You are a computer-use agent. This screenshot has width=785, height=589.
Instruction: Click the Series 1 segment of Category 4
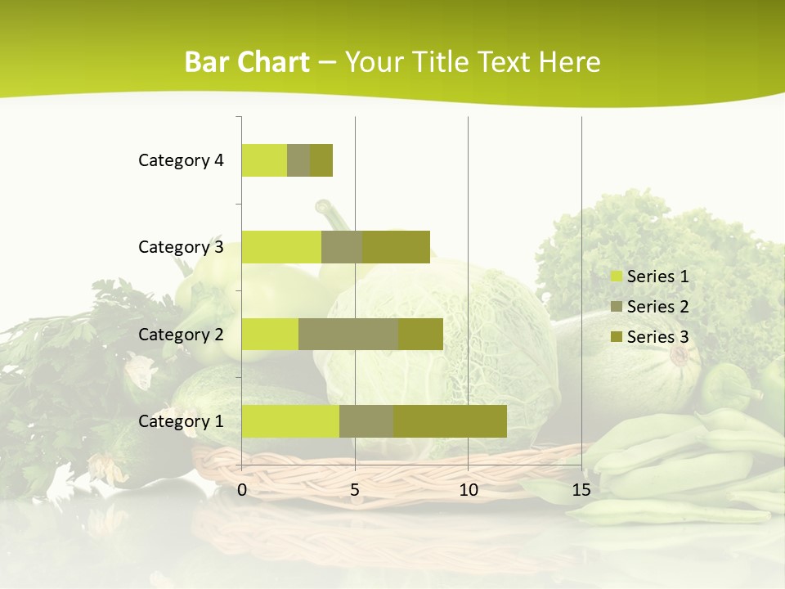[x=264, y=160]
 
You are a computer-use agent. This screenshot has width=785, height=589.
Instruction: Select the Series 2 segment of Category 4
[x=298, y=160]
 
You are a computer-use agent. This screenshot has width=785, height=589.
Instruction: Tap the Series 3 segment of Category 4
[x=321, y=160]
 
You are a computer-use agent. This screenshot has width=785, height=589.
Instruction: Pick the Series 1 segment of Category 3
[x=281, y=247]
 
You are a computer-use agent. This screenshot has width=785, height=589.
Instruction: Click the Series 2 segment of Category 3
[x=342, y=247]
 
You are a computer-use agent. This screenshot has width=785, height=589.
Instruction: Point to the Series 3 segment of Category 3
[x=396, y=247]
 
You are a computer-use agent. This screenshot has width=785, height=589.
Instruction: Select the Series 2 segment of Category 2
[x=348, y=334]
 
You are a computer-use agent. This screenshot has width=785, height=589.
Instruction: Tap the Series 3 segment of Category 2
[x=420, y=334]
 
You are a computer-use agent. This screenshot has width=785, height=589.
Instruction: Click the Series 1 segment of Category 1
[x=290, y=421]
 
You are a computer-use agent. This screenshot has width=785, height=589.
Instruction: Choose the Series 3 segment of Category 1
[x=450, y=421]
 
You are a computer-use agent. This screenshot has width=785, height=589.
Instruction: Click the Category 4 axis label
[x=181, y=160]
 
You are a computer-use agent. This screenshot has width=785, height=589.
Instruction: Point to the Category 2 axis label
[x=181, y=334]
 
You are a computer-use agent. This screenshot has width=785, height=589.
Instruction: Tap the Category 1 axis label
[x=181, y=421]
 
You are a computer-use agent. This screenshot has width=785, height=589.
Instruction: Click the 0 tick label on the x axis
[x=242, y=490]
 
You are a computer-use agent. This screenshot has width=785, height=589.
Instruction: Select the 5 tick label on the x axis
[x=355, y=490]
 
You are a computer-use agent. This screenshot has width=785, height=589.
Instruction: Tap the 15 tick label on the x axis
[x=581, y=490]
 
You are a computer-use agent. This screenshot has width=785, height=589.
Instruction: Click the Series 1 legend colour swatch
[x=617, y=277]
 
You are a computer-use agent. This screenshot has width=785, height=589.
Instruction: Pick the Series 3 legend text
[x=657, y=337]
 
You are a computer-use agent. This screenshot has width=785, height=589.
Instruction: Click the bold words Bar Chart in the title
[x=247, y=62]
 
